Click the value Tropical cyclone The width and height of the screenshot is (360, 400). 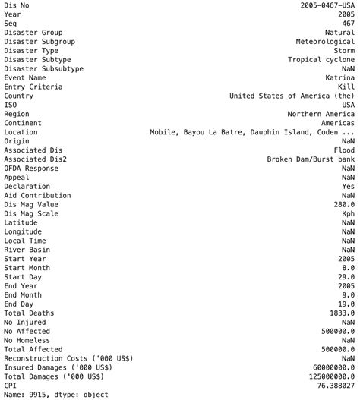pos(321,59)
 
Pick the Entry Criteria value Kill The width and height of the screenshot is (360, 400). pos(346,87)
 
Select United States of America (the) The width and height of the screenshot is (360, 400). pos(292,96)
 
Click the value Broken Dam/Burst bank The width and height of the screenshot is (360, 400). pos(311,159)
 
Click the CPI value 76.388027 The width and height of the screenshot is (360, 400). pos(333,386)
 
